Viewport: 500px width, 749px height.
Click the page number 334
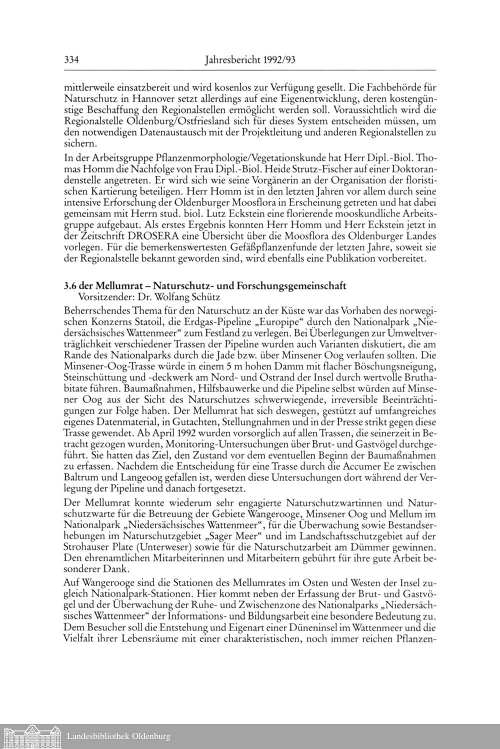(72, 61)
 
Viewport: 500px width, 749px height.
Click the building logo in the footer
(31, 736)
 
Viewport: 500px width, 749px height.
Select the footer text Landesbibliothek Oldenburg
(118, 736)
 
